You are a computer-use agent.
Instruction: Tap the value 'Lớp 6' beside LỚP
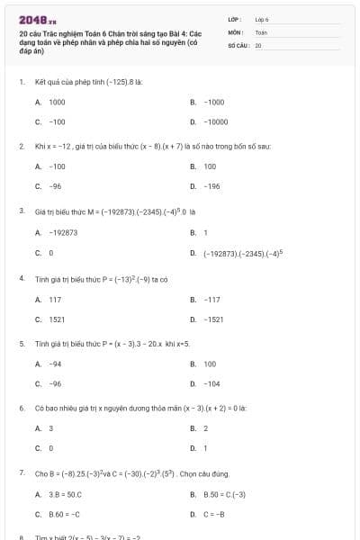point(263,18)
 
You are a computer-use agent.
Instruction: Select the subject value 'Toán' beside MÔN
point(261,31)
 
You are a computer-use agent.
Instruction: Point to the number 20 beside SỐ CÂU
point(258,44)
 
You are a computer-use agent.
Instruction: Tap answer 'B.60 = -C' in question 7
point(65,514)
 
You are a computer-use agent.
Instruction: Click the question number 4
point(21,279)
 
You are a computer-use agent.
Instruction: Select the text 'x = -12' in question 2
point(58,145)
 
